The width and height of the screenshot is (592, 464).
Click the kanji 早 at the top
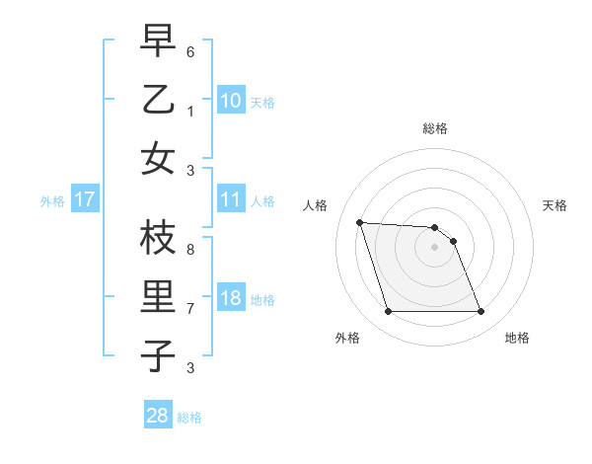click(158, 40)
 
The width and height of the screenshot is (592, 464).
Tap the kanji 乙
click(158, 100)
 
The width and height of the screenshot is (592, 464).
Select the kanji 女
click(158, 158)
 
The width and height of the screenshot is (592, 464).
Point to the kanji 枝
click(158, 238)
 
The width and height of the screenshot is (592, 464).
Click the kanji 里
click(158, 297)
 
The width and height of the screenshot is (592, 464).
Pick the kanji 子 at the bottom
click(158, 355)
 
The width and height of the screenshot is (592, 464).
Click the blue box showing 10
click(230, 100)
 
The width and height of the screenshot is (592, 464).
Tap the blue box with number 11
click(230, 199)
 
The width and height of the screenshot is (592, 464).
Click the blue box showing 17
click(85, 200)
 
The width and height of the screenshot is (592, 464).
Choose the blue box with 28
click(158, 416)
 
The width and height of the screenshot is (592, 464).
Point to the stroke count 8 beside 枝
click(190, 250)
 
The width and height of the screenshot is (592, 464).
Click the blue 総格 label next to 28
click(189, 418)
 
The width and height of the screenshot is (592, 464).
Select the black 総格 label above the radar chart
click(434, 128)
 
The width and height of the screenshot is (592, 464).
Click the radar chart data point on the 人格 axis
click(360, 222)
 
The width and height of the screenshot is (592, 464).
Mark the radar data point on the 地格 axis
click(481, 312)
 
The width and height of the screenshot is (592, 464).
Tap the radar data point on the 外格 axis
click(388, 312)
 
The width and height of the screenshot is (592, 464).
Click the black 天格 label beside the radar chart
click(555, 205)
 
